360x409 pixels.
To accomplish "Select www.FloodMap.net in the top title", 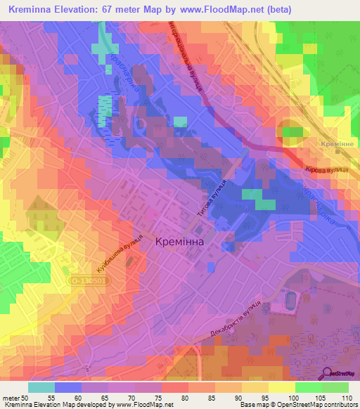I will point(213,9).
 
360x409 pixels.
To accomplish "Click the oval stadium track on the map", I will point(289,303).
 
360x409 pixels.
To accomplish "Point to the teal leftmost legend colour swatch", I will point(41,387).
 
